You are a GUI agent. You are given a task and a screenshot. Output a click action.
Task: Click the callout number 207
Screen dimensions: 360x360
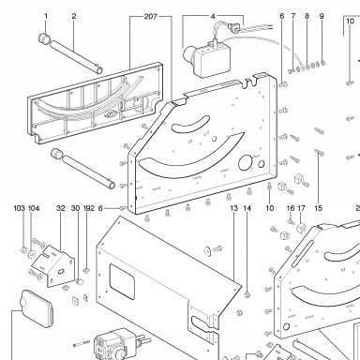[x=150, y=16]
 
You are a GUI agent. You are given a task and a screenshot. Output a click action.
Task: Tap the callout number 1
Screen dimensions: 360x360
[x=46, y=16]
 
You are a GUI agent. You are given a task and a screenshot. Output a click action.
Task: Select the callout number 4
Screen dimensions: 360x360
[x=213, y=16]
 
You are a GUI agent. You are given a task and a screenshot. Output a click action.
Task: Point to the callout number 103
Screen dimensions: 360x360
[x=19, y=208]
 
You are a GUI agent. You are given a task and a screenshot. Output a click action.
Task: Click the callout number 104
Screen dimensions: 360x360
[x=34, y=208]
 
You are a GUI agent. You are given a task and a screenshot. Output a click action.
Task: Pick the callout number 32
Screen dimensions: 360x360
[x=61, y=208]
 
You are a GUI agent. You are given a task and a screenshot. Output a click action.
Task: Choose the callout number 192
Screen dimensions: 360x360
[x=89, y=208]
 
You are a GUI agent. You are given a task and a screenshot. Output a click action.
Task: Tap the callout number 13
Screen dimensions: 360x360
[x=233, y=208]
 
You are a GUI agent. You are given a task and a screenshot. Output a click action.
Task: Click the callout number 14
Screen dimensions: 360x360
[x=247, y=208]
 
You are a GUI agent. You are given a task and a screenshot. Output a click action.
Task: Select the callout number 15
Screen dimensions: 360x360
[x=318, y=208]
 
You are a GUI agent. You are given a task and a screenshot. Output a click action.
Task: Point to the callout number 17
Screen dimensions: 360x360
[x=301, y=208]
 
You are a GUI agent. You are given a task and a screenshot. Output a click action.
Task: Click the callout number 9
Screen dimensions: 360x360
[x=322, y=16]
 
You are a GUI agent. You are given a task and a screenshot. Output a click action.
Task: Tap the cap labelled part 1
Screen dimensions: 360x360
[x=45, y=39]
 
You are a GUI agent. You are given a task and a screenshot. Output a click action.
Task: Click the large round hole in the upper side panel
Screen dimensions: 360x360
[x=246, y=162]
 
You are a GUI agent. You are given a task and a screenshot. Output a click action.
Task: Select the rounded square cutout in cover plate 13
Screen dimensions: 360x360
[x=122, y=282]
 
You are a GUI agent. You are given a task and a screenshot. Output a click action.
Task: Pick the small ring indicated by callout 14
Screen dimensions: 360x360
[x=247, y=294]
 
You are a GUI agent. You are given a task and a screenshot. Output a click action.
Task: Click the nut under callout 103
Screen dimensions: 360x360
[x=23, y=250]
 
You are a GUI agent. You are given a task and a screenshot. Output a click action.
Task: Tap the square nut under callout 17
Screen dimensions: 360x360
[x=301, y=228]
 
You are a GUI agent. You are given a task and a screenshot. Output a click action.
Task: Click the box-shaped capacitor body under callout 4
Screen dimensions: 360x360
[x=211, y=60]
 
